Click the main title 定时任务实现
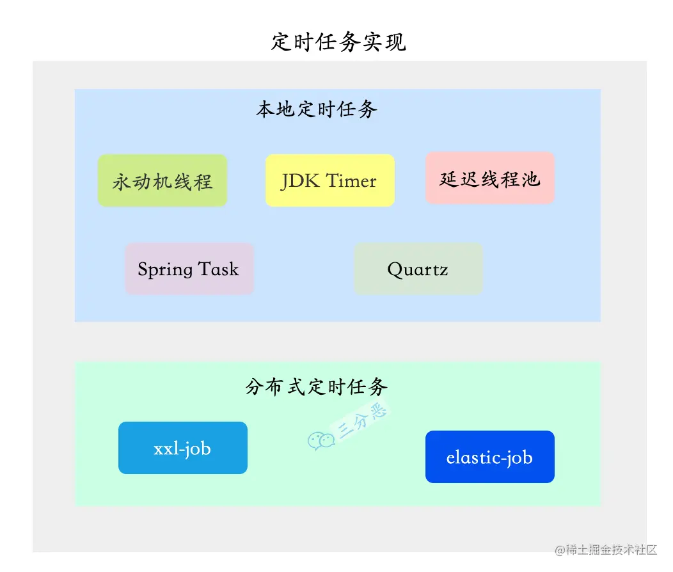coord(338,42)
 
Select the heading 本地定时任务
coord(317,109)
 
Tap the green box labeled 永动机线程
coord(162,181)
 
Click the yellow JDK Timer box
coord(329,181)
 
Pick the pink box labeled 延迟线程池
coord(489,179)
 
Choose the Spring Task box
coord(189,269)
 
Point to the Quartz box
coord(418,269)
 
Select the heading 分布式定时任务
coord(317,386)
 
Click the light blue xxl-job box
coord(182,448)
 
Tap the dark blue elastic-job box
coord(489,457)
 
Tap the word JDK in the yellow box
coord(297,181)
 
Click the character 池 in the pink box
coord(530,179)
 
